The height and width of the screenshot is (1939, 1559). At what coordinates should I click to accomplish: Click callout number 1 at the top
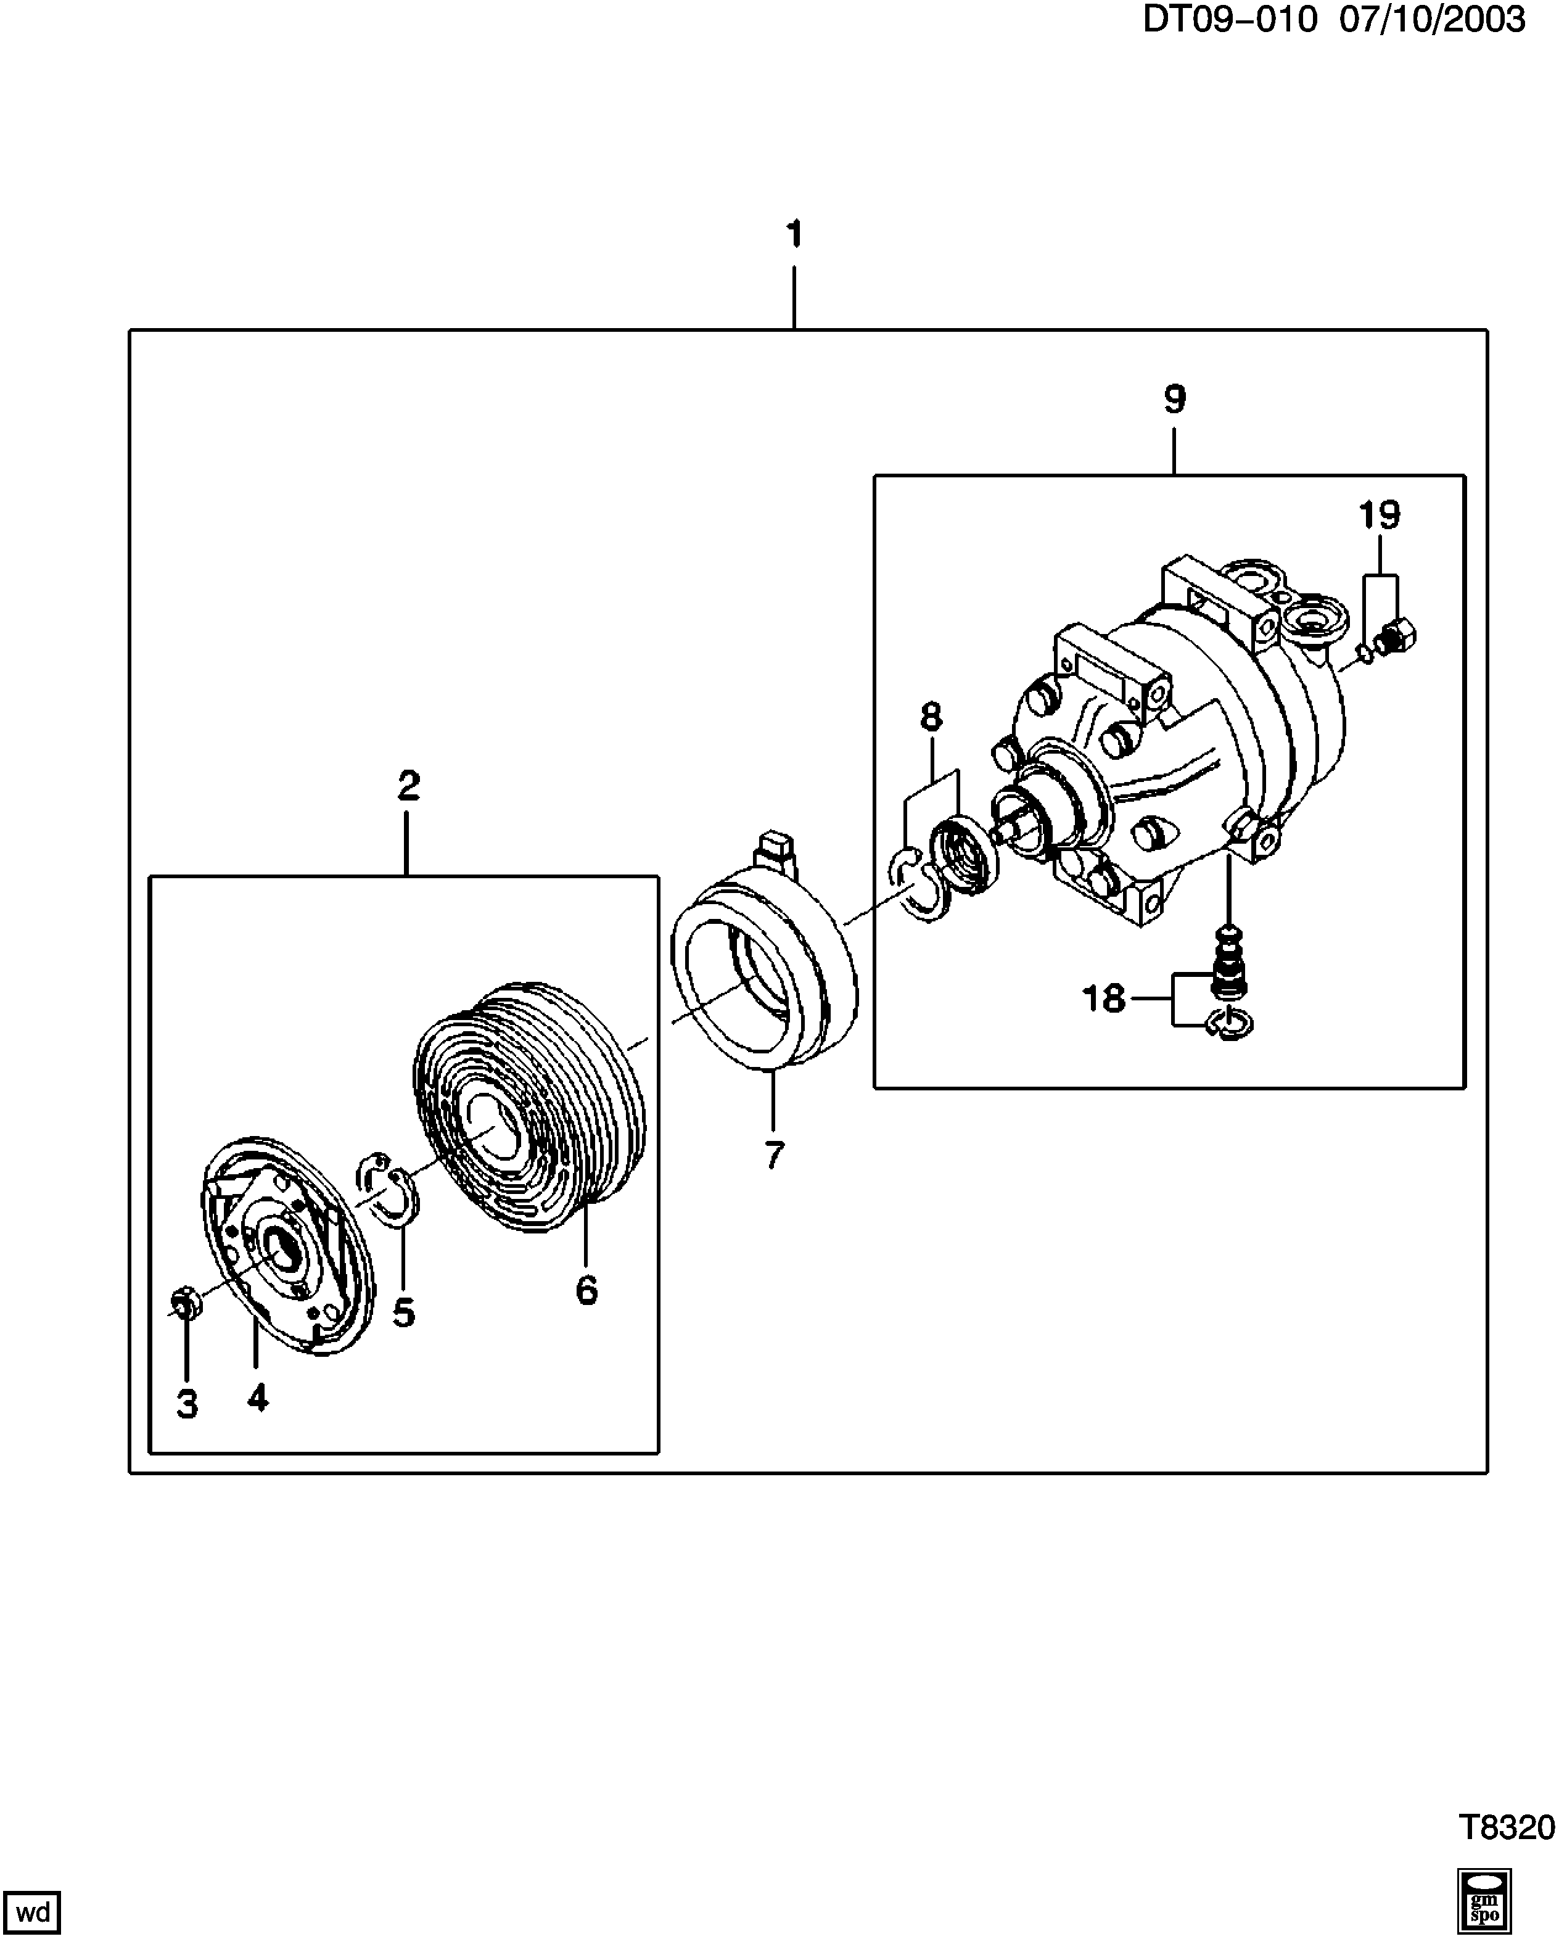[x=793, y=236]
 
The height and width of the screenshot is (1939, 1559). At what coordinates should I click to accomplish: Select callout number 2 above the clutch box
[x=409, y=786]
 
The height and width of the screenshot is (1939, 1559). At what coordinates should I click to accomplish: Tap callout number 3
[x=187, y=1403]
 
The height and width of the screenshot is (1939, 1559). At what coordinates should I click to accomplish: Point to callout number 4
[x=258, y=1398]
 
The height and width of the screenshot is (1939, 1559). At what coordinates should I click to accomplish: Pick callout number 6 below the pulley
[x=586, y=1291]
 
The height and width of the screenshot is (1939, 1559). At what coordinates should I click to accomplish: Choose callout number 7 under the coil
[x=774, y=1155]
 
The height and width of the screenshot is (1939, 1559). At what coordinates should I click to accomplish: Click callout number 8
[x=931, y=716]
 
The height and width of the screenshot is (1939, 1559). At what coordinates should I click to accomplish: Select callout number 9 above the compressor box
[x=1174, y=398]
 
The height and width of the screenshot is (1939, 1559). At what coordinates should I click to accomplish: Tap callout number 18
[x=1104, y=998]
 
